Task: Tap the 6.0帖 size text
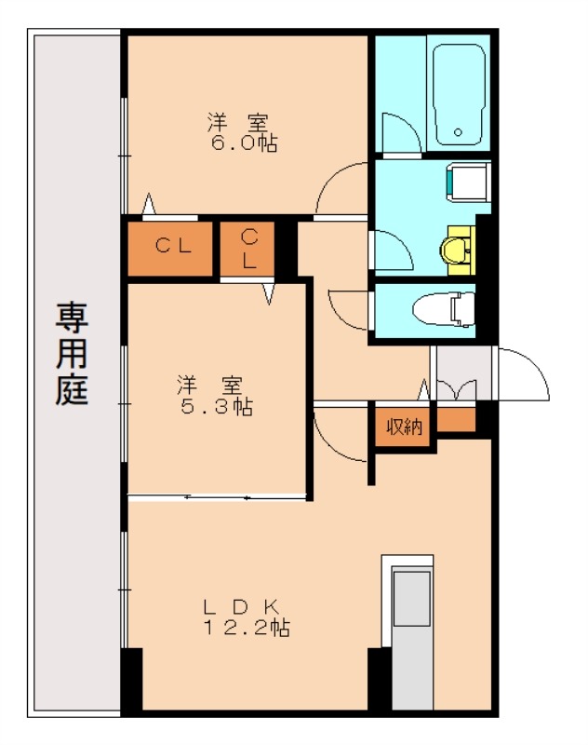(244, 143)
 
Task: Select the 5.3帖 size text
(216, 406)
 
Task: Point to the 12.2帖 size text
(247, 628)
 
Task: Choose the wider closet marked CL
(172, 247)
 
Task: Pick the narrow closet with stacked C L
(248, 248)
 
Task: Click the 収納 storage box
(405, 427)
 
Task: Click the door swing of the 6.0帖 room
(341, 190)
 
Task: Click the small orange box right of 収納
(455, 421)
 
